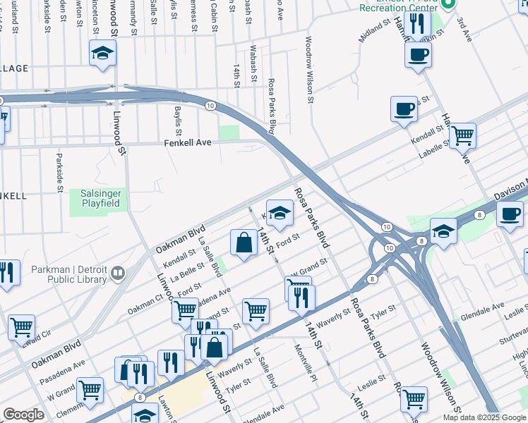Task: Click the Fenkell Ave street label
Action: click(x=188, y=142)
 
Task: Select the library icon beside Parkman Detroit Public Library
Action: click(x=119, y=272)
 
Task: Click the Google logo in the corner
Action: click(x=23, y=415)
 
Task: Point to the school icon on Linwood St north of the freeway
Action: click(x=102, y=52)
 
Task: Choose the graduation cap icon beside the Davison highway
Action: click(x=443, y=231)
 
